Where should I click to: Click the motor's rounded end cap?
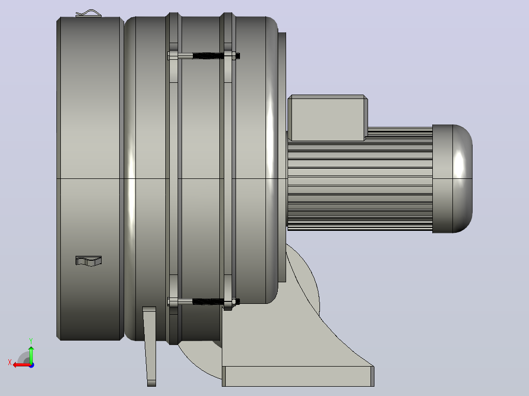452,178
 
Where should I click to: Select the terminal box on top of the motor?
328,118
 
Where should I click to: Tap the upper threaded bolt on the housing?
204,55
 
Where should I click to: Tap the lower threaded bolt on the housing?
204,301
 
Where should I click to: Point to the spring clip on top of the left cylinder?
88,14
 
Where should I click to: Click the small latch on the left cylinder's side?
88,261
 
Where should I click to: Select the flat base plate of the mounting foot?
298,376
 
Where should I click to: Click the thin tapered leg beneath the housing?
150,346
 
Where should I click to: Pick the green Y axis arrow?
31,354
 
